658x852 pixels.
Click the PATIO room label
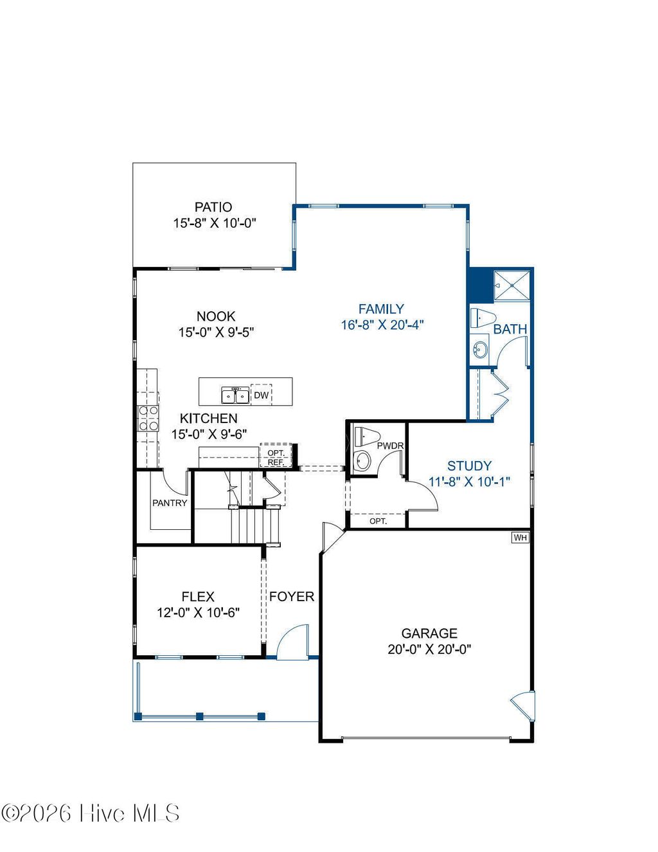pos(213,207)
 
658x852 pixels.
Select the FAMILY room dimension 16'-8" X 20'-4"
pos(382,325)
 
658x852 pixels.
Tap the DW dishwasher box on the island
pos(261,395)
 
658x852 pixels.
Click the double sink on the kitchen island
pos(235,394)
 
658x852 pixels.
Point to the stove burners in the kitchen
pos(148,418)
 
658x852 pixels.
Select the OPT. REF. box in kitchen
pos(276,457)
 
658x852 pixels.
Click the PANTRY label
pos(170,503)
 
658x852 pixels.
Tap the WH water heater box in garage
pos(520,537)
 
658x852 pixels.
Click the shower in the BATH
pos(512,285)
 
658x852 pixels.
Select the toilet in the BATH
pos(482,318)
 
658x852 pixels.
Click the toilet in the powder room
pos(364,436)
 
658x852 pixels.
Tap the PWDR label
pos(389,446)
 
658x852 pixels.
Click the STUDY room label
pos(469,466)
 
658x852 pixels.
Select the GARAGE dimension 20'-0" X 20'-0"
pos(429,649)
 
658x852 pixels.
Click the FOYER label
pos(291,596)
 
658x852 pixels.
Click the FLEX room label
pos(198,596)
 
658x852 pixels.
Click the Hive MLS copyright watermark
pos(90,813)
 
